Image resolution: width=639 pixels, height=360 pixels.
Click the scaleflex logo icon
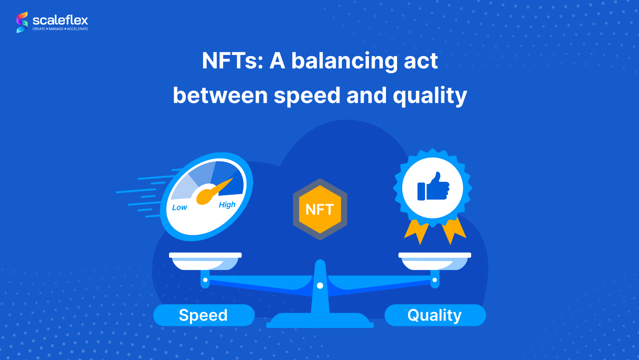[x=22, y=22]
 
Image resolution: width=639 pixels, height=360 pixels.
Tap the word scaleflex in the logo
[x=60, y=20]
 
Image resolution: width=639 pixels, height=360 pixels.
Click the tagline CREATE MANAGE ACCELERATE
[x=60, y=29]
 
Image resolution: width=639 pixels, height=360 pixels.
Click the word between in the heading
[x=220, y=95]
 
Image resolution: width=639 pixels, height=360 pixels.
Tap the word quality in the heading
[x=430, y=96]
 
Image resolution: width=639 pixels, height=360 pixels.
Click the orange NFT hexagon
[x=320, y=209]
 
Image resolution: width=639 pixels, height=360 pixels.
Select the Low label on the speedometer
[x=179, y=207]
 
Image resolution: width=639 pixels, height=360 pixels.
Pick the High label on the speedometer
[x=227, y=205]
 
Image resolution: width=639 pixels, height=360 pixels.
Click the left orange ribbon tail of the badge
[x=417, y=231]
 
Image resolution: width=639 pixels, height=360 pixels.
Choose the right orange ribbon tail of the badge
[x=453, y=231]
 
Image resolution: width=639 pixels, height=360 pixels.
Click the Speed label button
[x=204, y=315]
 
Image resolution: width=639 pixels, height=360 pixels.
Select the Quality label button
[x=435, y=315]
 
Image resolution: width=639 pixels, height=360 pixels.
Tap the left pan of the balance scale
[x=205, y=261]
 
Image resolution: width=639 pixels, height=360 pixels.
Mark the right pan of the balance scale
[x=435, y=261]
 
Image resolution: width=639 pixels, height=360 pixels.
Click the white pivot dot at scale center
[x=320, y=285]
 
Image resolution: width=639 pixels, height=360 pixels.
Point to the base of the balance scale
[x=320, y=321]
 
